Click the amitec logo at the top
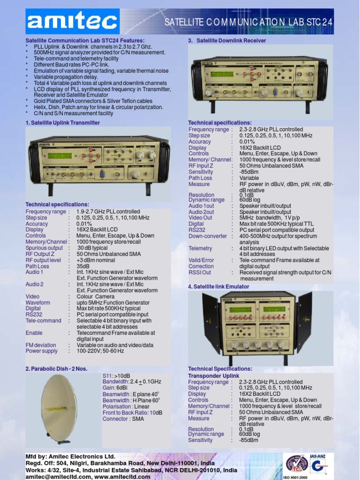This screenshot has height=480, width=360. (x=72, y=22)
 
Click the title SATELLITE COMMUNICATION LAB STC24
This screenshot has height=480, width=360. (x=255, y=22)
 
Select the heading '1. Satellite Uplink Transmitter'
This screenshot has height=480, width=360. (x=62, y=123)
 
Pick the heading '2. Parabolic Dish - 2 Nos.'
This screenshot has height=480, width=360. (x=56, y=369)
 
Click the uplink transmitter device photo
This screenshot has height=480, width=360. (x=99, y=161)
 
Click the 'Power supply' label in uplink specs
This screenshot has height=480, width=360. (x=42, y=351)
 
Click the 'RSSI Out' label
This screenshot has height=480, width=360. (x=200, y=272)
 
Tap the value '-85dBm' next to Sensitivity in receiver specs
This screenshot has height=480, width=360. (x=249, y=172)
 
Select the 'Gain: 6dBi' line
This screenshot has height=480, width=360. (x=115, y=389)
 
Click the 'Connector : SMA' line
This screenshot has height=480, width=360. (x=123, y=419)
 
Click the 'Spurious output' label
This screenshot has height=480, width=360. (x=44, y=248)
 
